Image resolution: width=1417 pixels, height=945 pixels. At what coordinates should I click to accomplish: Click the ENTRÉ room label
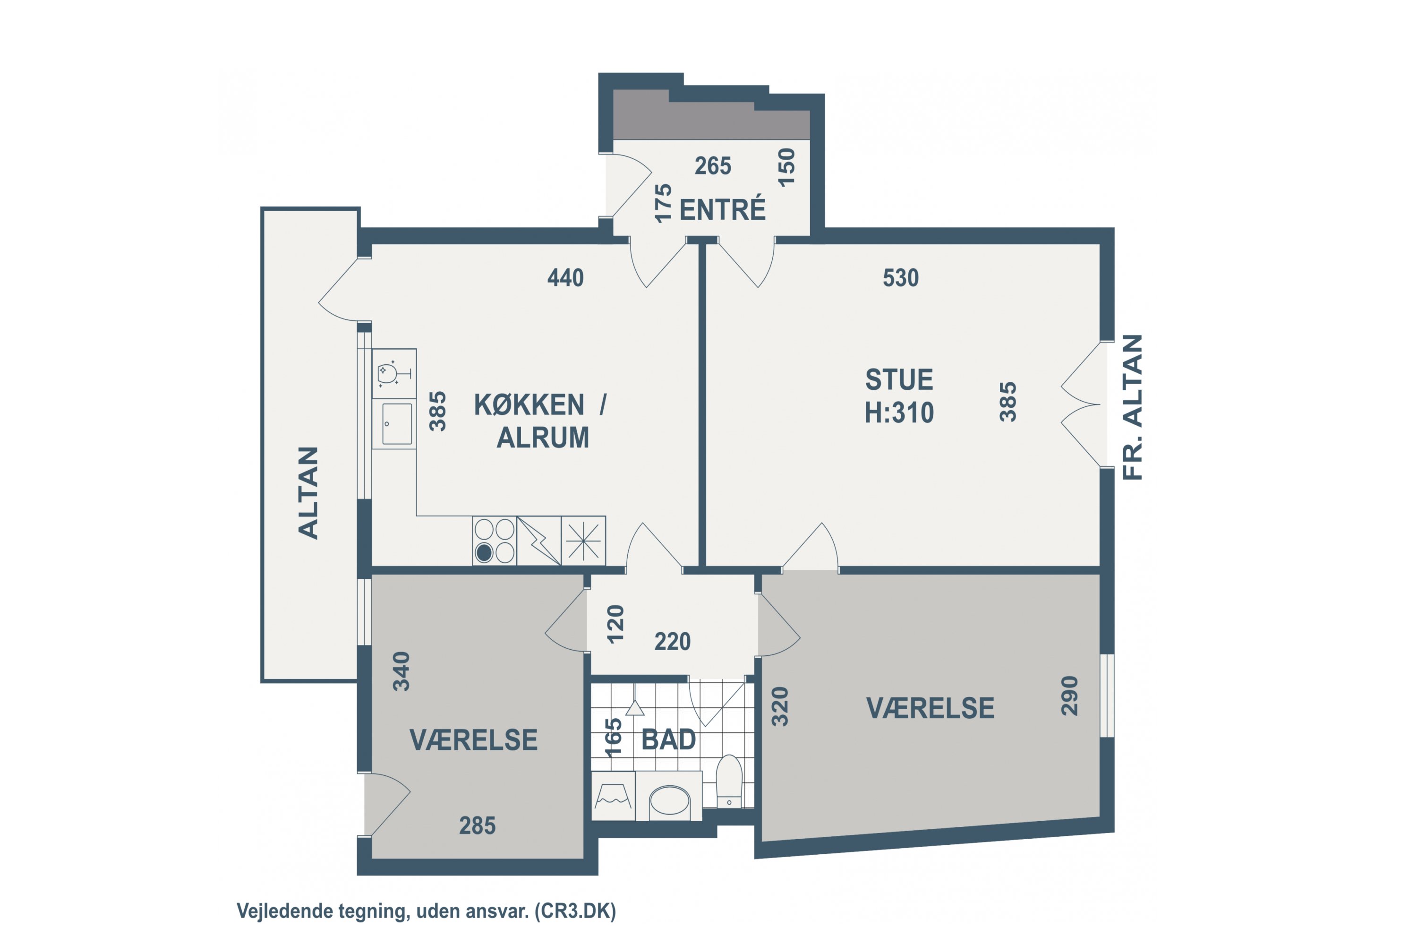(x=722, y=210)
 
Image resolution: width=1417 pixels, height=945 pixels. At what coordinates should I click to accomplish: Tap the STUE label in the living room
(x=899, y=380)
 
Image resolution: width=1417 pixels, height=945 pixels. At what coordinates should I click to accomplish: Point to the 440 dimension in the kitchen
(x=565, y=278)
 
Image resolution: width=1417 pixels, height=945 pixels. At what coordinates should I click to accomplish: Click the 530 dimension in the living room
(x=901, y=278)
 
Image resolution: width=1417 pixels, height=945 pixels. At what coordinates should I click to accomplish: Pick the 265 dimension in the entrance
(x=713, y=166)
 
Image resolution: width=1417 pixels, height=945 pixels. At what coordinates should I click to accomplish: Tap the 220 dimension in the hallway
(x=672, y=641)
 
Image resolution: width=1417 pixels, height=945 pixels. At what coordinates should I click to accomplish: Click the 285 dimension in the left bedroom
(x=477, y=825)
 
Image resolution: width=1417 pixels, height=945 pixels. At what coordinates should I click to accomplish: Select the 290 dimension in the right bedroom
(x=1069, y=696)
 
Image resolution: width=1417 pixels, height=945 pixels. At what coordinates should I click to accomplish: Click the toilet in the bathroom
(x=729, y=781)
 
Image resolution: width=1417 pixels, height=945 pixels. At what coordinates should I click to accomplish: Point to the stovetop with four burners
(x=494, y=541)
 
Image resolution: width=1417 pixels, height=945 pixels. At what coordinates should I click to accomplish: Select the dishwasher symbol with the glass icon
(x=394, y=374)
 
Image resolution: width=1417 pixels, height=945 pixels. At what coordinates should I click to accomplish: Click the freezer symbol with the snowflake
(x=583, y=541)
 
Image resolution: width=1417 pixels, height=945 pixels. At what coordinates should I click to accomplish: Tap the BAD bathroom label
(x=668, y=739)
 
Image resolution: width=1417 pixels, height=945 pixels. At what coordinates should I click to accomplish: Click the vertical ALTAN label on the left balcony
(x=308, y=492)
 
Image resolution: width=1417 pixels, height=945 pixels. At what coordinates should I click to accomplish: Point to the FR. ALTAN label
(x=1133, y=407)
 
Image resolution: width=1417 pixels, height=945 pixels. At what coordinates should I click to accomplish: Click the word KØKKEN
(x=529, y=405)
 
